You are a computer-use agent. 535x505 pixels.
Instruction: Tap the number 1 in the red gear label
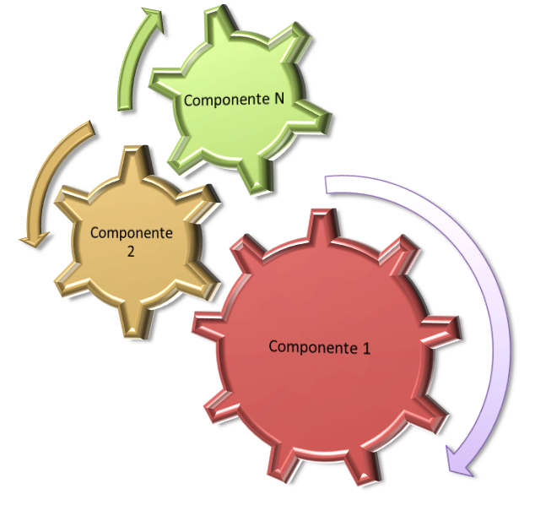pyautogui.click(x=366, y=346)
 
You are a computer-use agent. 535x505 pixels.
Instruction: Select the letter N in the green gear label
pyautogui.click(x=278, y=99)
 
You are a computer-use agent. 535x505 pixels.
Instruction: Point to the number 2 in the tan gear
pyautogui.click(x=131, y=251)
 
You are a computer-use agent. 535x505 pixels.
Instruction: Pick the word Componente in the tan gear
pyautogui.click(x=131, y=233)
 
